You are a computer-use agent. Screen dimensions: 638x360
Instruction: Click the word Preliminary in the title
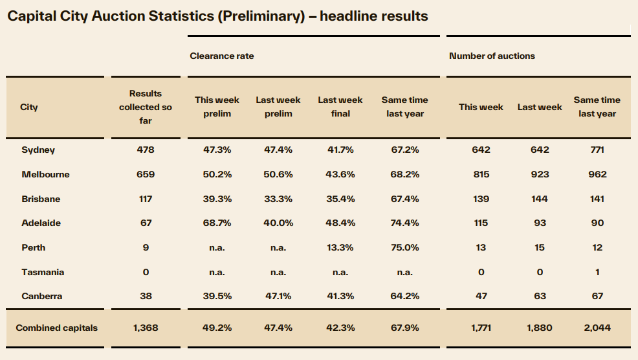[261, 16]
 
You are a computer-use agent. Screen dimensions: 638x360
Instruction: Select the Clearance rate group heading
[222, 56]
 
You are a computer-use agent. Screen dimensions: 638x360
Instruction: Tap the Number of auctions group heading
[492, 56]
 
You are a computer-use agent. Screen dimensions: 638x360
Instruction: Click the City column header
[29, 107]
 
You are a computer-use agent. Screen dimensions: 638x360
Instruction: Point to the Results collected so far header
[145, 107]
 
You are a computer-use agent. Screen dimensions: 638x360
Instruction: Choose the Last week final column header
[340, 107]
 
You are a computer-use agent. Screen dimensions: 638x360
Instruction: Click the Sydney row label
[38, 150]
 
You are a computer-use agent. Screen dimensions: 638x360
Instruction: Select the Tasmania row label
[43, 272]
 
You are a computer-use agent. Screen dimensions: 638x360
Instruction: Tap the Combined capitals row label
[56, 328]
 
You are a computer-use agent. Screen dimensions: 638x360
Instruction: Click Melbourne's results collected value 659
[146, 174]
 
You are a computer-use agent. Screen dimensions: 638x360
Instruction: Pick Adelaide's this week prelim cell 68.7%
[217, 223]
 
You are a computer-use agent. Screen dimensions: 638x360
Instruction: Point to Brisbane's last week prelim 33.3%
[278, 199]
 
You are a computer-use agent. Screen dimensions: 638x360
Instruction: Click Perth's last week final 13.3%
[340, 247]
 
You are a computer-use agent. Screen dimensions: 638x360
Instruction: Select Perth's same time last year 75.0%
[405, 247]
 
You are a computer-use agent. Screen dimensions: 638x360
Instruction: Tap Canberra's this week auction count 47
[481, 296]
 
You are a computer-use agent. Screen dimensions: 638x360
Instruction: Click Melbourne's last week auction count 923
[540, 174]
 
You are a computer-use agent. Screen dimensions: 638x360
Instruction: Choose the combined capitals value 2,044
[597, 328]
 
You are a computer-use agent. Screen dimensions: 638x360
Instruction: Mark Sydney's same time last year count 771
[597, 150]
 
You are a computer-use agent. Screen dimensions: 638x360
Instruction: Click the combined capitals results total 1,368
[146, 328]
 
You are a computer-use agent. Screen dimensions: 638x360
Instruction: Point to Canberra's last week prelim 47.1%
[278, 296]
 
